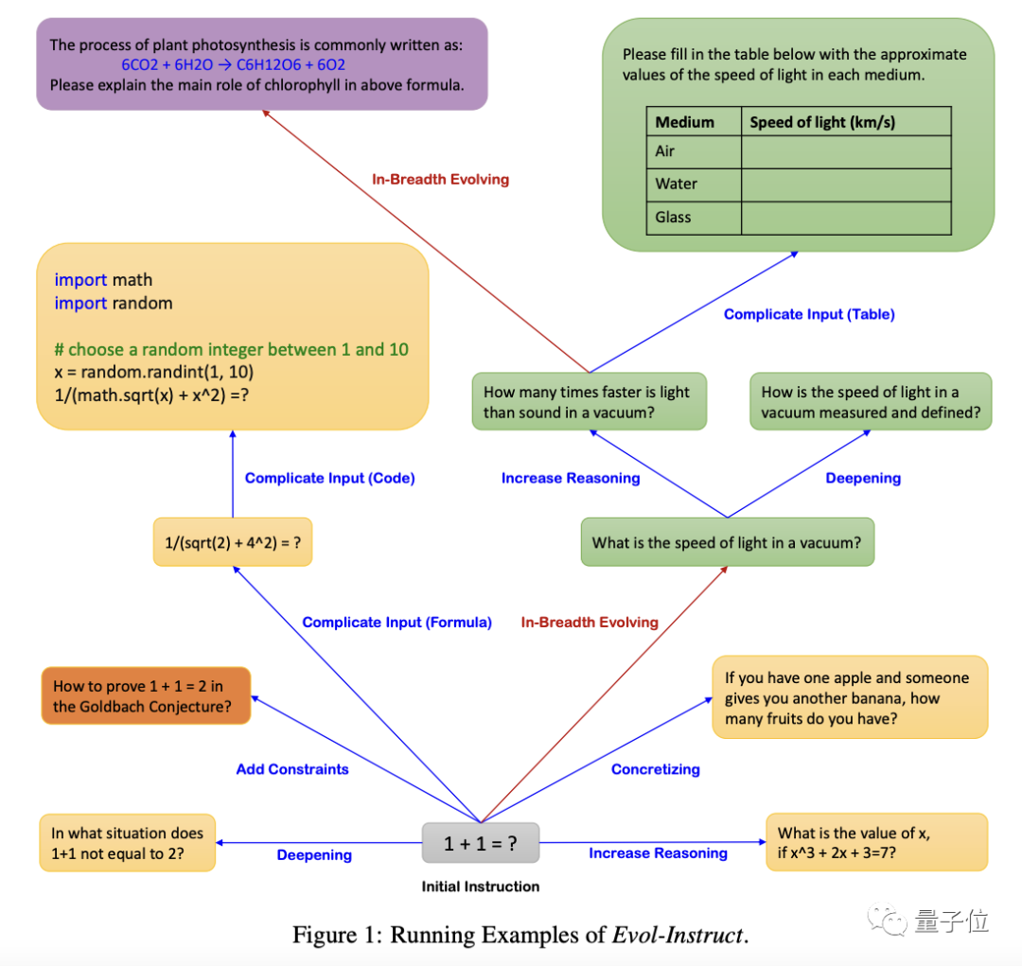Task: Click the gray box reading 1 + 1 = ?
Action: click(x=481, y=843)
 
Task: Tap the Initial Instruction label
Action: click(x=481, y=887)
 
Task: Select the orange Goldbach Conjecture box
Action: click(x=147, y=696)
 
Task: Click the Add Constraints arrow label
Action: click(x=292, y=769)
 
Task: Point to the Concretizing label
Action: click(x=656, y=769)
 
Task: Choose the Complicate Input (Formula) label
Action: click(x=397, y=622)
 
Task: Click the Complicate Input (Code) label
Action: click(x=329, y=478)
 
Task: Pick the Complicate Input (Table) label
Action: click(x=809, y=314)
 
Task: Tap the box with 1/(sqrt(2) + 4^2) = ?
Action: click(x=233, y=542)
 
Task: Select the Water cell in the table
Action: click(x=677, y=184)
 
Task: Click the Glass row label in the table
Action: click(x=674, y=218)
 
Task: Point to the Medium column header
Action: click(x=685, y=122)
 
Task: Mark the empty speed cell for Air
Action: click(x=846, y=151)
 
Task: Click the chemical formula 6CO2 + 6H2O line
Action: click(x=233, y=65)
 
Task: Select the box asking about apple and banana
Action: click(x=849, y=698)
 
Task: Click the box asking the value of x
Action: click(x=876, y=843)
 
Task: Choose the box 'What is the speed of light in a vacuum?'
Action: click(x=727, y=543)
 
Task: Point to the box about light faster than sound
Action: click(x=589, y=402)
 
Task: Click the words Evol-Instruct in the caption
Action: click(x=678, y=936)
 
